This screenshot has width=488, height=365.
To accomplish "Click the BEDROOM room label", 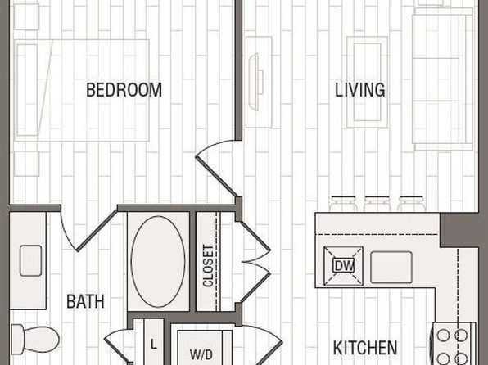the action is [x=124, y=90].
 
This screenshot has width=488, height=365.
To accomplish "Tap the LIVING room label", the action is [x=360, y=90].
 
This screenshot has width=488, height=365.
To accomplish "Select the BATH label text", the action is [x=85, y=301].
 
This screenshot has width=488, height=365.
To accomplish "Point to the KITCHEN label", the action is [x=365, y=348].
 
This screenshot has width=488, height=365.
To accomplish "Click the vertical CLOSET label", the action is [x=208, y=266].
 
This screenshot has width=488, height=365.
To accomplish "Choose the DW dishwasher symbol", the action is [x=344, y=266].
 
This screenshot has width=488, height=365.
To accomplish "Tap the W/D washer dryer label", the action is [x=201, y=354].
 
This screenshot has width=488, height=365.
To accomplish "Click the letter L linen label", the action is [x=154, y=345].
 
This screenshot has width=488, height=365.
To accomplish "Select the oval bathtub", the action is [x=158, y=262].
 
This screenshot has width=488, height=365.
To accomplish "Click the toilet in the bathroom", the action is [x=35, y=339].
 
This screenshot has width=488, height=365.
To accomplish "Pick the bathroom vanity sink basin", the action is [x=30, y=261].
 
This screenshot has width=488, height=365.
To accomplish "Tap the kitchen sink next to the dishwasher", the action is [x=391, y=268].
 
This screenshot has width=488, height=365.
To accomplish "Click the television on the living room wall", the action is [x=256, y=82].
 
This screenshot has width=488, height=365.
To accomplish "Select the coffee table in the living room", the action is [x=368, y=82].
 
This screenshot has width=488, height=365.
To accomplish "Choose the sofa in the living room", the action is [x=443, y=79].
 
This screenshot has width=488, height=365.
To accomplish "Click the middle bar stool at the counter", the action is [x=377, y=203].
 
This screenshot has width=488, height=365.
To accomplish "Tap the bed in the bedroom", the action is [x=82, y=90].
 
